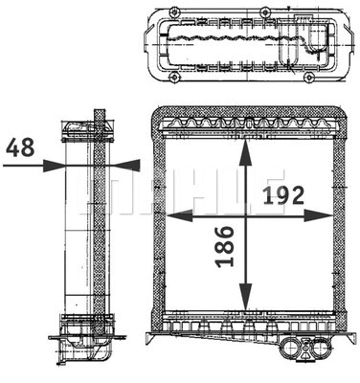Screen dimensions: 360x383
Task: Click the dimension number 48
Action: [20, 148]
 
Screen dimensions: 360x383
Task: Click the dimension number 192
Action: [282, 195]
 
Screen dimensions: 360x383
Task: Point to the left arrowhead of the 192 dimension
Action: [172, 215]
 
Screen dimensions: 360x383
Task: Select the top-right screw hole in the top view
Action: [265, 11]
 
